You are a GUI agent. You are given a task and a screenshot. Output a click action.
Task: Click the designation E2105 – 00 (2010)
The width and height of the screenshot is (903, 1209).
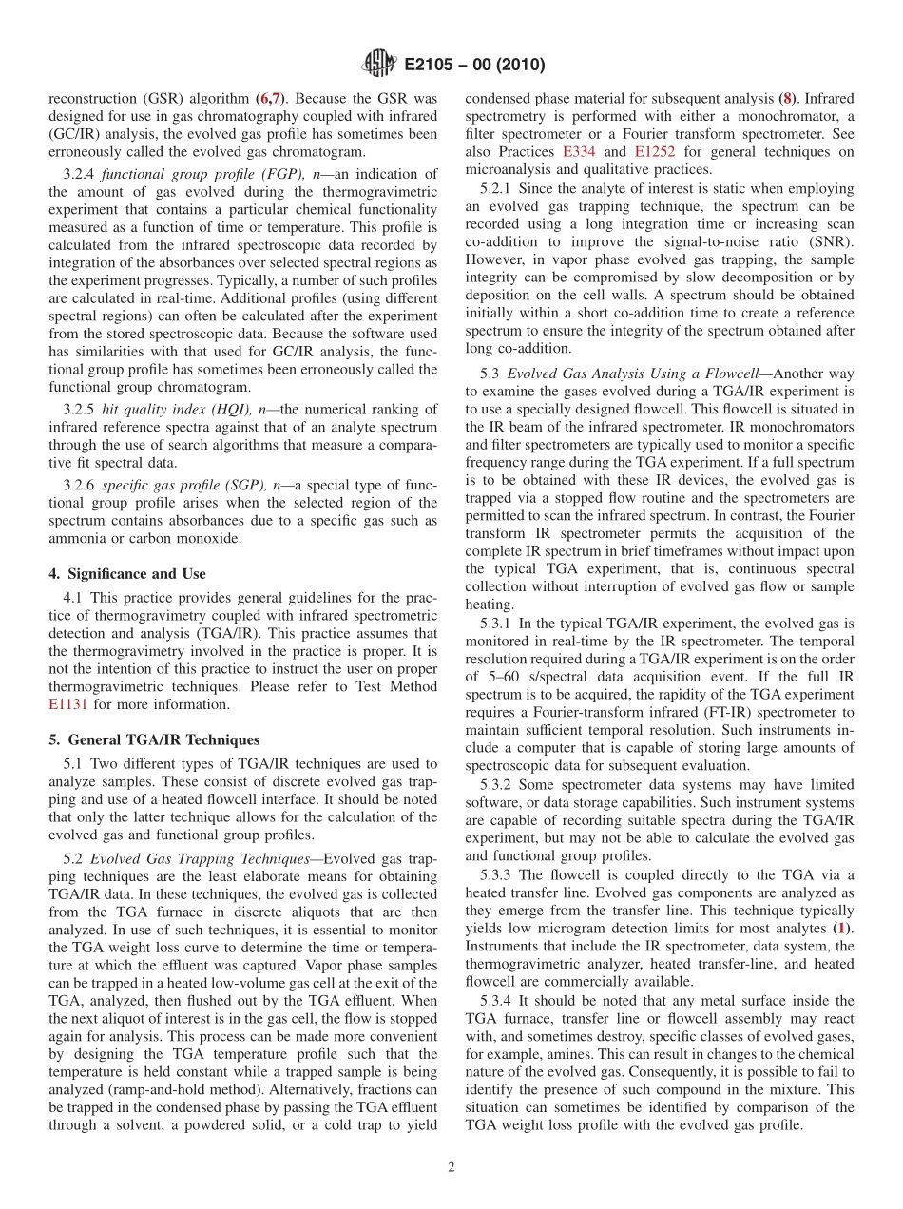[474, 66]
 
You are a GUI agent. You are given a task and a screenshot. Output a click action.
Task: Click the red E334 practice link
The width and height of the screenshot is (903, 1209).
[579, 151]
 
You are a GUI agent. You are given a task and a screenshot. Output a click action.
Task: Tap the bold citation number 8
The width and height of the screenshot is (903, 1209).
[785, 97]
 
